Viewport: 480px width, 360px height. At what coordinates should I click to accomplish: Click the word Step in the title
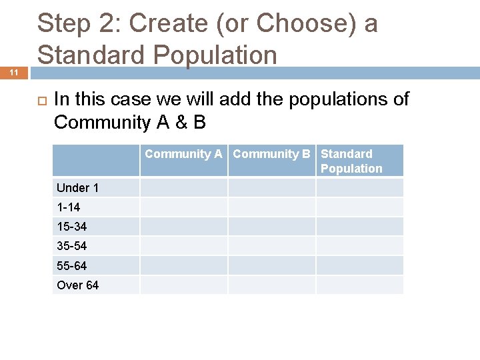[65, 24]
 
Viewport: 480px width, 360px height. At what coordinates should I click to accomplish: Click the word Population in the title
[213, 55]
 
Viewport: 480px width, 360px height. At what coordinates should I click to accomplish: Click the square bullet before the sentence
[40, 100]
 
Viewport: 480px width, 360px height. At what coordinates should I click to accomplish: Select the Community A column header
[183, 154]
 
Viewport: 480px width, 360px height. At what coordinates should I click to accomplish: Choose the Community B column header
[271, 154]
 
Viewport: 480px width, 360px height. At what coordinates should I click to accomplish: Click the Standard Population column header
[351, 161]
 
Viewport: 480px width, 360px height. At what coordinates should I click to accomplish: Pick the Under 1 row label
[77, 188]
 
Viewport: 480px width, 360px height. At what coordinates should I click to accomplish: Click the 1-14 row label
[69, 207]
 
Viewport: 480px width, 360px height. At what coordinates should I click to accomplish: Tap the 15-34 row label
[72, 227]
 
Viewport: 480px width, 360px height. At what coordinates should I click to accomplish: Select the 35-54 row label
[72, 246]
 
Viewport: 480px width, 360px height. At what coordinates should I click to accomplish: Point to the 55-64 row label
[72, 265]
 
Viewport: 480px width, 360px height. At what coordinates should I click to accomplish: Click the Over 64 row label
[77, 285]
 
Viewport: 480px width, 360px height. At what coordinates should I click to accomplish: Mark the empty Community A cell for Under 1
[183, 188]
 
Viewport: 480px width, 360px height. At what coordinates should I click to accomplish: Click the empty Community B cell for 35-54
[271, 246]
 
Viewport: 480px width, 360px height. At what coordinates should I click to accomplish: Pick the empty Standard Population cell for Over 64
[359, 285]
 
